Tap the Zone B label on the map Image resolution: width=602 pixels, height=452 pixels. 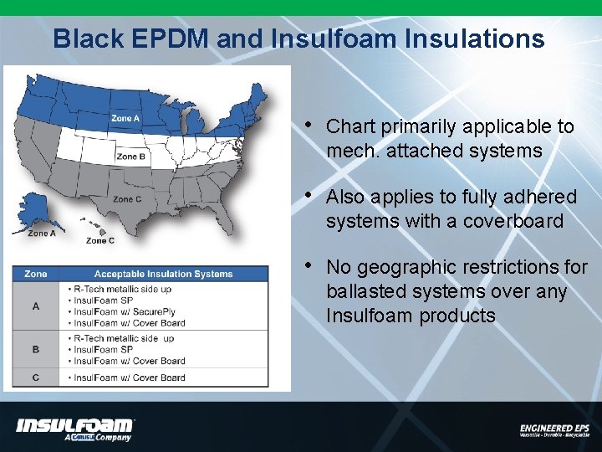pyautogui.click(x=131, y=157)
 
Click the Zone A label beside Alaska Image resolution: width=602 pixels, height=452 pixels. pyautogui.click(x=43, y=234)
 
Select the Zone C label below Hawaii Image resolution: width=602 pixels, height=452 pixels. pyautogui.click(x=101, y=241)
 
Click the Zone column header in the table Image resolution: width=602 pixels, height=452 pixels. pyautogui.click(x=36, y=274)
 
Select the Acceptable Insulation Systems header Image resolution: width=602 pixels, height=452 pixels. pyautogui.click(x=163, y=274)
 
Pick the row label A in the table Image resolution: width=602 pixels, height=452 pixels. pyautogui.click(x=36, y=306)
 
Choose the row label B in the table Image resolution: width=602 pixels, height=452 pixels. pyautogui.click(x=36, y=349)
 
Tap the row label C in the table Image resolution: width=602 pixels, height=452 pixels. pyautogui.click(x=36, y=378)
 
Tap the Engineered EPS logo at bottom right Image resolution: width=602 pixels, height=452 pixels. pyautogui.click(x=554, y=429)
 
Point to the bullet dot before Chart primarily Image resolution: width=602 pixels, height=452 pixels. pyautogui.click(x=309, y=126)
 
